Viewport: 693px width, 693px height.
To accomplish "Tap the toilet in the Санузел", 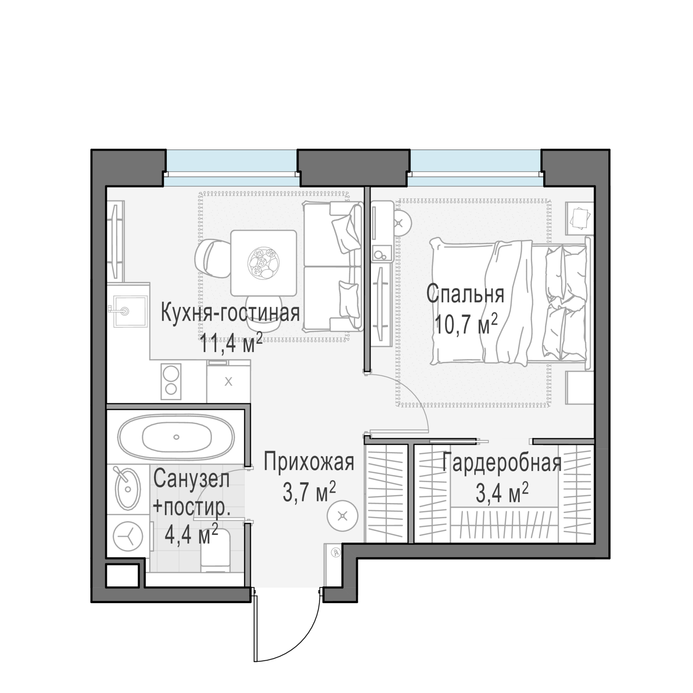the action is point(215,551).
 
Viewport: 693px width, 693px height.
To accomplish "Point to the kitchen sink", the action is point(130,311).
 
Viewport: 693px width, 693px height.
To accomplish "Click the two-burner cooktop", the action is point(171,381).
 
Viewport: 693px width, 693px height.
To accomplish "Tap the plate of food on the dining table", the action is point(264,263).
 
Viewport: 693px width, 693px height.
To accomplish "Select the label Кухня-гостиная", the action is point(230,313).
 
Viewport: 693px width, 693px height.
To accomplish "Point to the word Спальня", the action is point(465,294).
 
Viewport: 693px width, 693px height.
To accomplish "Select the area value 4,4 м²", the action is point(191,534).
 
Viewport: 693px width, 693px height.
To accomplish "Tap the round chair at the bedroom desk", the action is point(399,223).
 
